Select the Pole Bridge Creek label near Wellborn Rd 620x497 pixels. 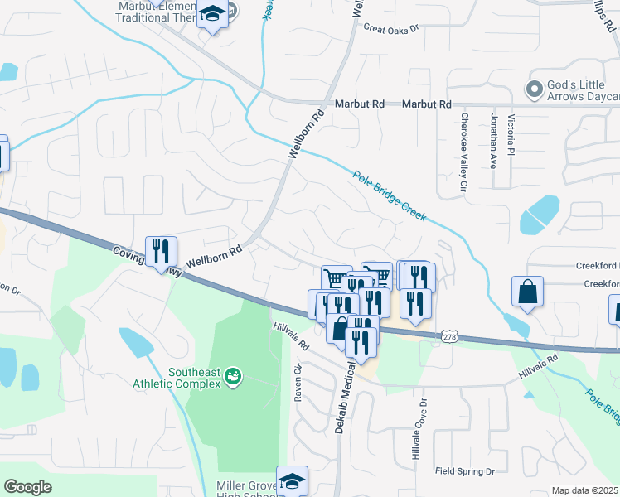tap(389, 196)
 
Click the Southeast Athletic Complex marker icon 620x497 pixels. tap(234, 377)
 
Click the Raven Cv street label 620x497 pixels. tap(298, 382)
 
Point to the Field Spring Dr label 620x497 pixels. tap(465, 471)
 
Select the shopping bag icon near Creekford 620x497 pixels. tap(527, 292)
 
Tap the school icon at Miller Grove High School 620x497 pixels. tap(292, 480)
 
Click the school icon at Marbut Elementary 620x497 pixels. tap(213, 14)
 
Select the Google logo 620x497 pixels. tap(27, 487)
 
